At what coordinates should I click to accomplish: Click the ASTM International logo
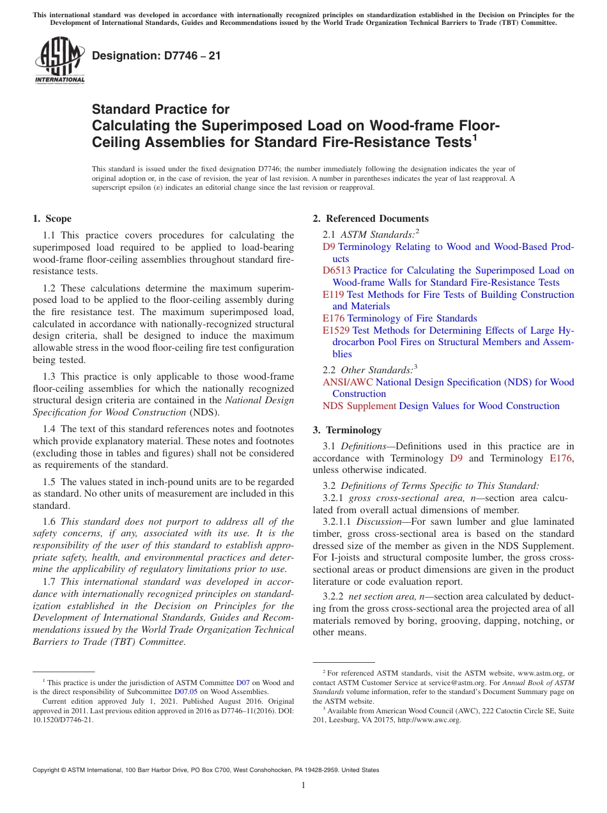pos(59,61)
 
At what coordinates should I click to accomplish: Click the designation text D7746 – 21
pos(157,56)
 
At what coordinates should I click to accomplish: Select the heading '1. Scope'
pos(52,219)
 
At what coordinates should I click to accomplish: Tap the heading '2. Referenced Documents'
pos(371,219)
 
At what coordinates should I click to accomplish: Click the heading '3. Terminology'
pos(347,430)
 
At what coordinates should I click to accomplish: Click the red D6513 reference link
pos(336,270)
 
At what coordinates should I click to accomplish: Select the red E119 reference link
pos(333,295)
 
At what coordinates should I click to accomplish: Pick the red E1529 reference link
pos(336,330)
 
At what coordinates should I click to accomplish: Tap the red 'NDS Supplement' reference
pos(359,406)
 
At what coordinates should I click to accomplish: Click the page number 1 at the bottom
pos(303,786)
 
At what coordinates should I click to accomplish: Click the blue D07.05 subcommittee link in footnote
pos(185,692)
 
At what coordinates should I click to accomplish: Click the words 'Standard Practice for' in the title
pos(160,109)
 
